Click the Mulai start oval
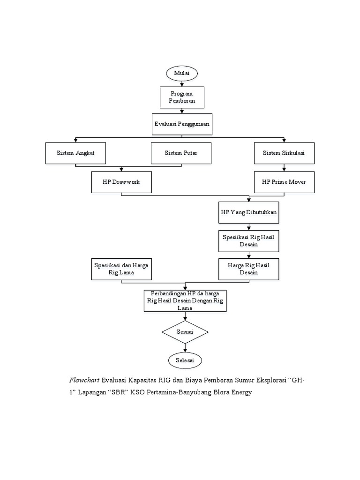(x=181, y=74)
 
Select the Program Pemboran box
(x=182, y=97)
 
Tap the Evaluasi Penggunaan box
(x=182, y=124)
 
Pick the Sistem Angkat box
(x=75, y=153)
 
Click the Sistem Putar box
(x=181, y=153)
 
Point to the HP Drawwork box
(x=121, y=181)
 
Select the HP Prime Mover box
(x=284, y=181)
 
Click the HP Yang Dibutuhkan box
(x=249, y=212)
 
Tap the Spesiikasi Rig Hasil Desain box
(x=249, y=240)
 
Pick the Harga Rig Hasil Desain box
(x=249, y=269)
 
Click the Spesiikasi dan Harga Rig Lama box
(x=121, y=269)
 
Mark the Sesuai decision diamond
(x=185, y=332)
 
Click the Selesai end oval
(x=185, y=360)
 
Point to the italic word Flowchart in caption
(x=84, y=380)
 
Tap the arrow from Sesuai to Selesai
(x=185, y=347)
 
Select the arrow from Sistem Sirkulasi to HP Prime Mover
(x=284, y=167)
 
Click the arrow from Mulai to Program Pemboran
(x=182, y=83)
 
